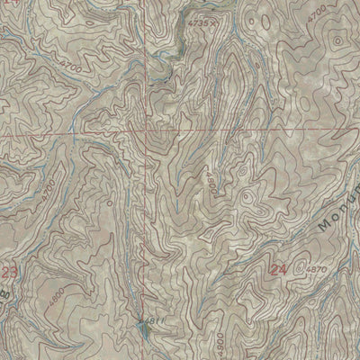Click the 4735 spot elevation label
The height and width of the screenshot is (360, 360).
pos(195,18)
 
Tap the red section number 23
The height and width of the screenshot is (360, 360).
pos(10,271)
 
